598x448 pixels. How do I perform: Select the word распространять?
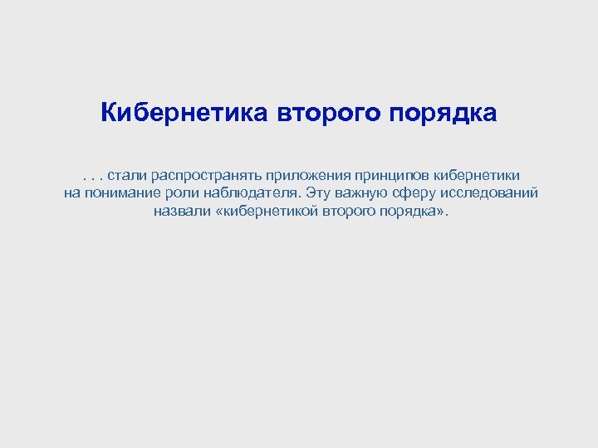pos(203,175)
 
